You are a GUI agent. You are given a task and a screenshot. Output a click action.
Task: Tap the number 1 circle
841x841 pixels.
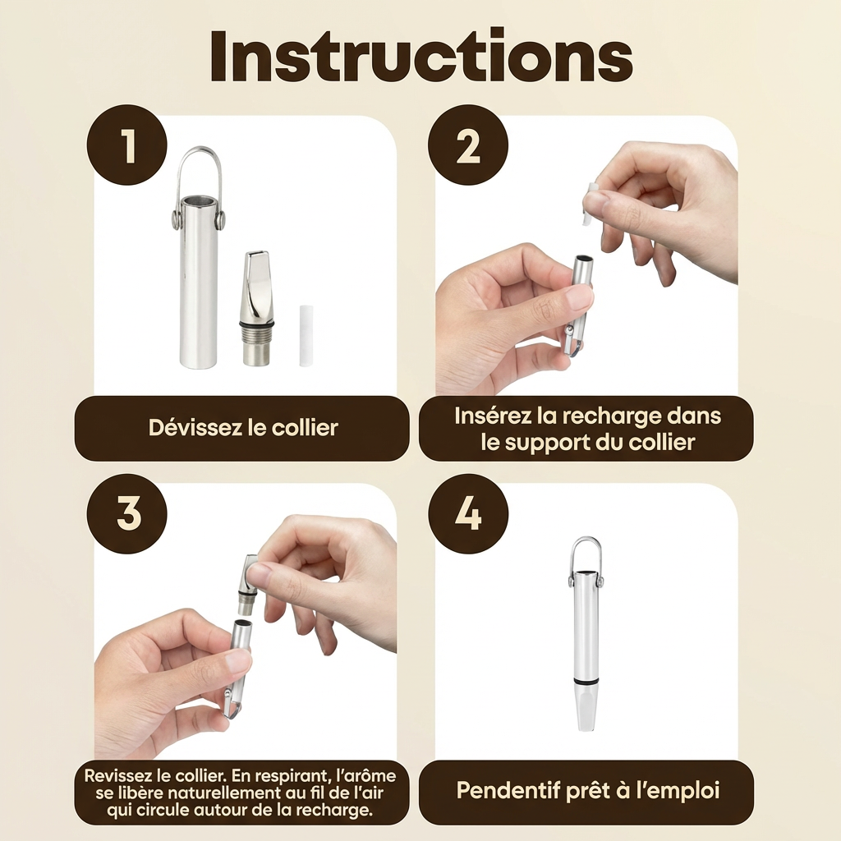pos(127,145)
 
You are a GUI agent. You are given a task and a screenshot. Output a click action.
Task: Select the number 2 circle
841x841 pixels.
pos(467,145)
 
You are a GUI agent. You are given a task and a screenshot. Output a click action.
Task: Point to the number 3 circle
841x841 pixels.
pos(127,514)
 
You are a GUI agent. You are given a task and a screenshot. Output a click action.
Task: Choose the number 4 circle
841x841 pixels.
pos(467,514)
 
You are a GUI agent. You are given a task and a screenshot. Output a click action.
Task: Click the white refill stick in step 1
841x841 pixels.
pos(306,336)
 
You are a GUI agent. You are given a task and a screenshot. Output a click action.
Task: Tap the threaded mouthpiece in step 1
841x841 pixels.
pos(255,308)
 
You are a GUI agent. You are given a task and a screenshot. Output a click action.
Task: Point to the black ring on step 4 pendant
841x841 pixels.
pos(585,680)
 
